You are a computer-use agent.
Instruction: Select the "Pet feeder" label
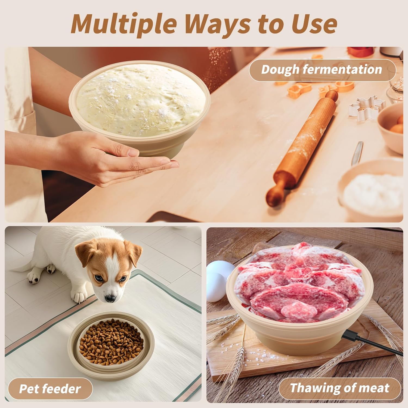[x=50, y=389]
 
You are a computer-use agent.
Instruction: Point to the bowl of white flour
[x=371, y=191]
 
